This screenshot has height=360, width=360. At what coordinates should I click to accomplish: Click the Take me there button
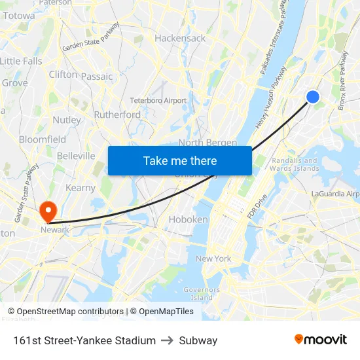(179, 160)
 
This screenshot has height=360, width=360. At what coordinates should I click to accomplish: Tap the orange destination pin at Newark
(48, 211)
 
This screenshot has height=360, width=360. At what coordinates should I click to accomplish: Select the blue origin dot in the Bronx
(313, 97)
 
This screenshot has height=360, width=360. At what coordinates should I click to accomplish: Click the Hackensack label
(180, 39)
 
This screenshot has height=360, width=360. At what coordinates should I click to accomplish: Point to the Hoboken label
(188, 220)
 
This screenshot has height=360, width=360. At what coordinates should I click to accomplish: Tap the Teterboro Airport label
(158, 101)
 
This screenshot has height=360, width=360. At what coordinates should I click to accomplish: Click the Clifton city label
(63, 75)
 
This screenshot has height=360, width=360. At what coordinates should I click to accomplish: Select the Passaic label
(97, 77)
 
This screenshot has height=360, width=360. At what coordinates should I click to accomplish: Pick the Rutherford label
(117, 115)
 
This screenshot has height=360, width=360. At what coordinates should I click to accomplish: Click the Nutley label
(67, 120)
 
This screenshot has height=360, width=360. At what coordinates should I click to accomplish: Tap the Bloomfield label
(43, 139)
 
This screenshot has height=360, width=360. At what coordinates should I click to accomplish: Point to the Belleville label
(76, 156)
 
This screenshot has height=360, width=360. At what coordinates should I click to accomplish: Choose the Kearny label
(81, 188)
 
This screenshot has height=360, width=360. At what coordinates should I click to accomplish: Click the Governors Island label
(197, 293)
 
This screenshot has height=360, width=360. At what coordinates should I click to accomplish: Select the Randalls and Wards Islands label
(294, 165)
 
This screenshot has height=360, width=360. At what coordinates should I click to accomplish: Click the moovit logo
(321, 340)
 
